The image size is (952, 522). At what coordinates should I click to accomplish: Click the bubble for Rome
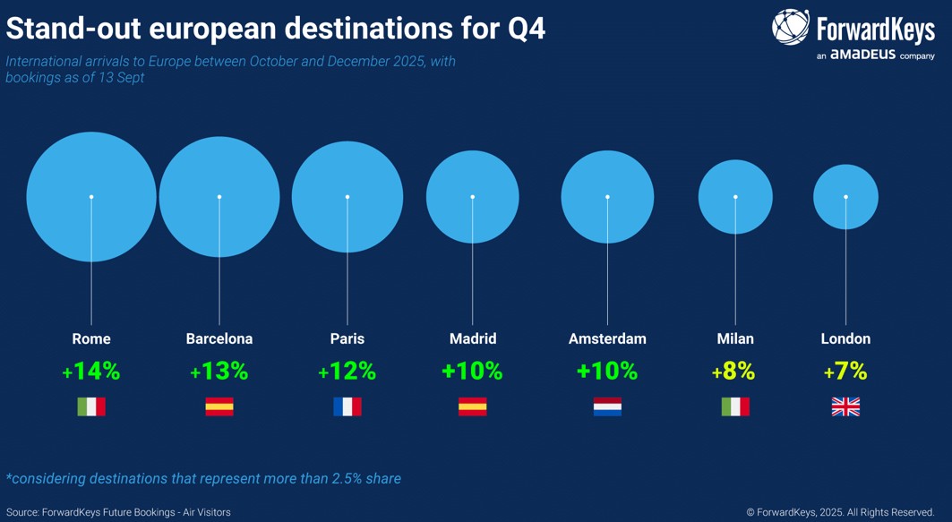[x=91, y=197]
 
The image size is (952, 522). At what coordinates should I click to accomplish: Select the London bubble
[x=845, y=197]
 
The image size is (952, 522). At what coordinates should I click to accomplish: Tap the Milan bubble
[x=735, y=197]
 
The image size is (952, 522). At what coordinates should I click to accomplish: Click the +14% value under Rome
[x=91, y=371]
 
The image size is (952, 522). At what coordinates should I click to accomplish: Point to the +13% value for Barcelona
[x=219, y=371]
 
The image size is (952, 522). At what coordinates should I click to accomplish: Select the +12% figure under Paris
[x=347, y=371]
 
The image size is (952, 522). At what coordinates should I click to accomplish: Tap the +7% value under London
[x=845, y=371]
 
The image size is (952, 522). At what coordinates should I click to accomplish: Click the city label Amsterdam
[x=607, y=338]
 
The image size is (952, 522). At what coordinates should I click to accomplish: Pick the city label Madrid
[x=473, y=338]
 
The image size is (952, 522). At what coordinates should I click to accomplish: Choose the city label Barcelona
[x=219, y=338]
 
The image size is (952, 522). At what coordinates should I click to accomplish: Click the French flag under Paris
[x=347, y=406]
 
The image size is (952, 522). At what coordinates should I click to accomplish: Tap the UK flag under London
[x=845, y=406]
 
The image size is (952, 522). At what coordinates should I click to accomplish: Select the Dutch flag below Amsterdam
[x=607, y=406]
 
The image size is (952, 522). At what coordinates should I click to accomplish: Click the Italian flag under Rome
[x=91, y=406]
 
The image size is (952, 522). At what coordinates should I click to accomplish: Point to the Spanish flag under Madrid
[x=473, y=406]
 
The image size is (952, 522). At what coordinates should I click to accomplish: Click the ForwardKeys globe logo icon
[x=791, y=28]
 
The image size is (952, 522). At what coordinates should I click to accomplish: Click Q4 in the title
[x=527, y=29]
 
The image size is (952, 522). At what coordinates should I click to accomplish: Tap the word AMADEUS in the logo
[x=863, y=56]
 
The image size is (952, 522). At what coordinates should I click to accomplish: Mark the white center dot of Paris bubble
[x=347, y=197]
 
